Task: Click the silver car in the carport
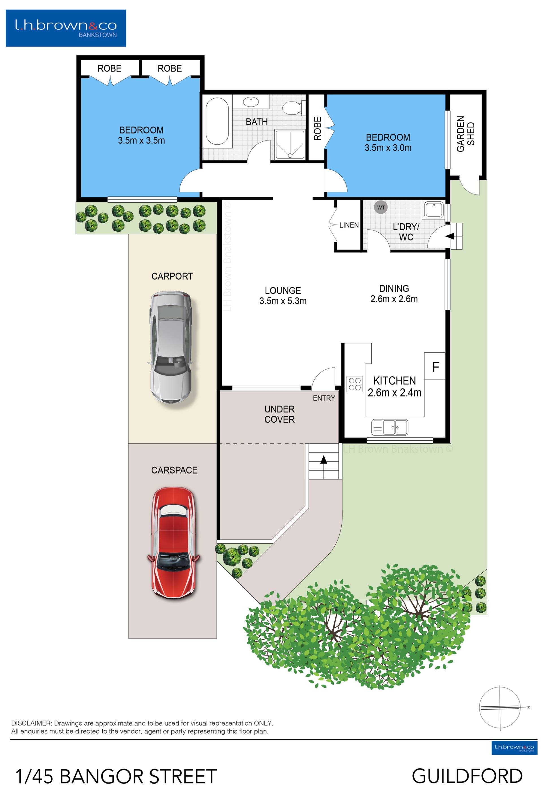coord(171,347)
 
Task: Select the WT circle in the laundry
coord(381,207)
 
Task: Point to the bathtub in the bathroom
coord(217,122)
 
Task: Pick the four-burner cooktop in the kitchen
coord(355,384)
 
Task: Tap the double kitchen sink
coord(390,427)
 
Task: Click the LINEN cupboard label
coord(349,225)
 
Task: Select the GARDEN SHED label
coord(466,134)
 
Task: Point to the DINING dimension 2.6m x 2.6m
coord(394,299)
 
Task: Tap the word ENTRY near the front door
coord(324,398)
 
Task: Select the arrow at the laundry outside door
coord(450,236)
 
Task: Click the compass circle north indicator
coord(499,707)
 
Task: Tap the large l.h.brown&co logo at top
coord(66,28)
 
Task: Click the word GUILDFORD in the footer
coord(467,776)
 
